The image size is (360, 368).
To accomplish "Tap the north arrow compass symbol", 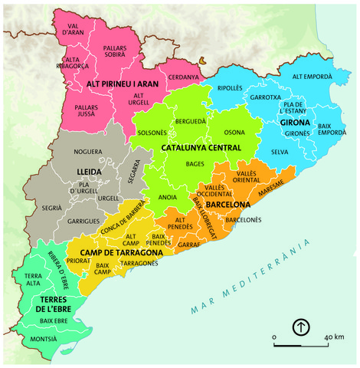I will (x=301, y=328).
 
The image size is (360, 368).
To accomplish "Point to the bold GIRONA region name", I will (x=294, y=123).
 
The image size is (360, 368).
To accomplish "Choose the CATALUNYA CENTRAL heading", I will (x=201, y=147).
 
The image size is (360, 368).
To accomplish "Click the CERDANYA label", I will (x=183, y=77).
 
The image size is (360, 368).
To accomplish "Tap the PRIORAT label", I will (x=79, y=260).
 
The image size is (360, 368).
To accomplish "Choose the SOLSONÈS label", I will (x=153, y=133).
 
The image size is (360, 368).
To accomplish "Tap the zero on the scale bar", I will (x=273, y=337).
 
